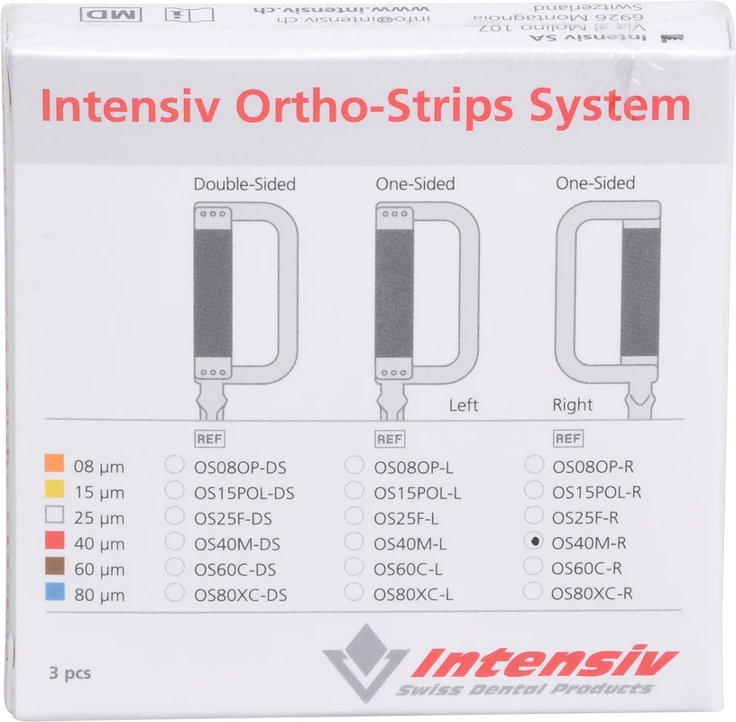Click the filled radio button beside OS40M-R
pyautogui.click(x=535, y=541)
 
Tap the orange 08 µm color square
pyautogui.click(x=54, y=465)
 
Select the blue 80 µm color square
pyautogui.click(x=54, y=593)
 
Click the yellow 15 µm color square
pyautogui.click(x=54, y=490)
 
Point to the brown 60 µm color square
pyautogui.click(x=54, y=568)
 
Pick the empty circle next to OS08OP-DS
pyautogui.click(x=175, y=465)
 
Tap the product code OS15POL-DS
pyautogui.click(x=244, y=493)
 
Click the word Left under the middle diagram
pyautogui.click(x=464, y=405)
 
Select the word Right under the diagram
pyautogui.click(x=573, y=405)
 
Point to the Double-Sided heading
pyautogui.click(x=244, y=184)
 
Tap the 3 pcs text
pyautogui.click(x=70, y=672)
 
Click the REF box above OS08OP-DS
pyautogui.click(x=208, y=440)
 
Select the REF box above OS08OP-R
pyautogui.click(x=567, y=440)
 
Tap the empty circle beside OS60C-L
pyautogui.click(x=355, y=568)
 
